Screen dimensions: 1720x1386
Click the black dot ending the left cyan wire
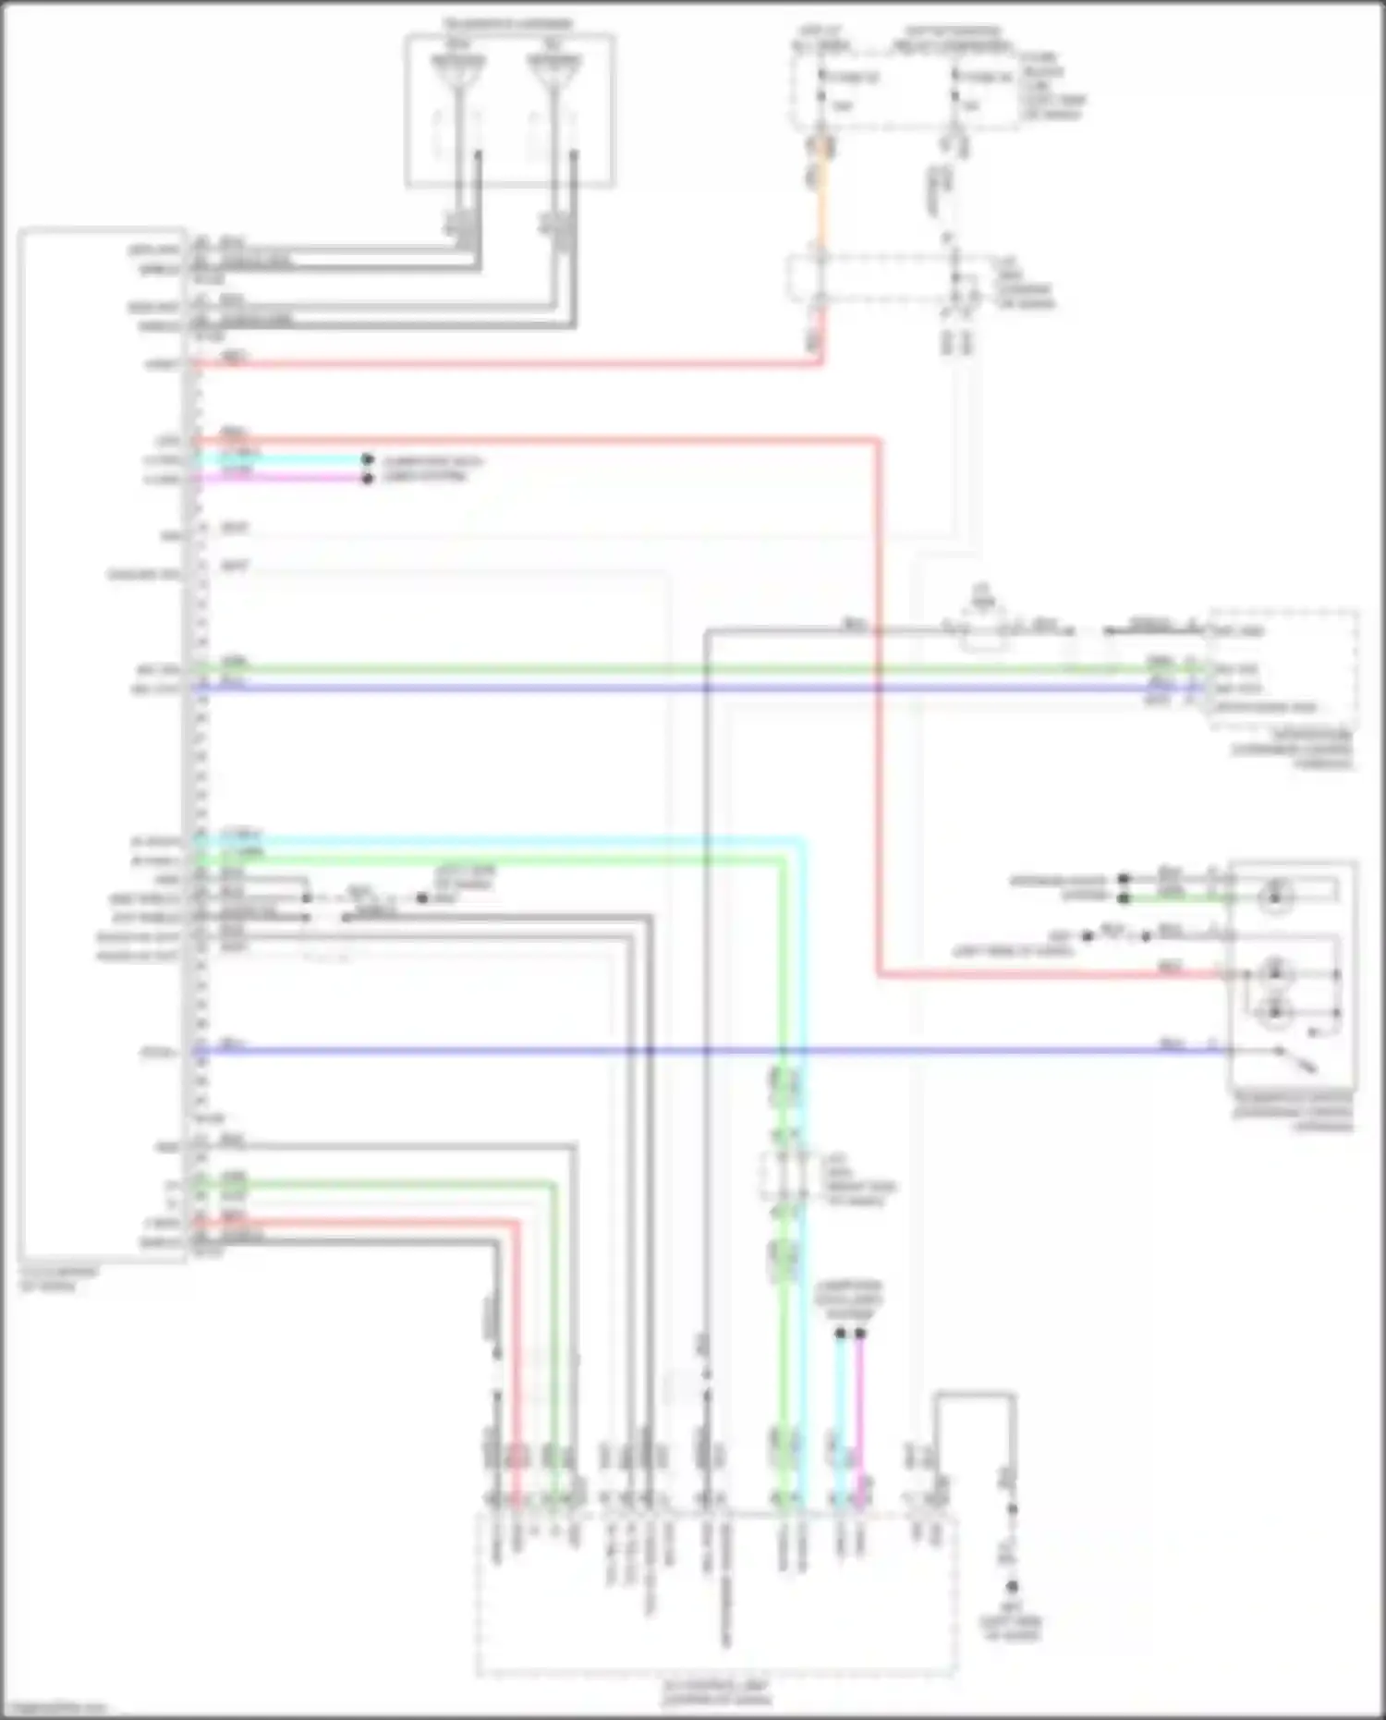click(x=367, y=459)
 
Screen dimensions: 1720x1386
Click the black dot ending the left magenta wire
click(x=367, y=479)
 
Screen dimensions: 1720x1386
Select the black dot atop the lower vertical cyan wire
click(x=840, y=1333)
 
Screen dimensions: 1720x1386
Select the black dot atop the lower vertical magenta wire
click(x=860, y=1333)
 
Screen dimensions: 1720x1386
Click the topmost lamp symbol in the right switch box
click(x=1277, y=893)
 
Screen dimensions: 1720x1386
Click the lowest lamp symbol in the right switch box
click(x=1277, y=1010)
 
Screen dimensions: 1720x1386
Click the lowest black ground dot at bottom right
click(x=1012, y=1587)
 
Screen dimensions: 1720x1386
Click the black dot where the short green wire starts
click(x=1124, y=897)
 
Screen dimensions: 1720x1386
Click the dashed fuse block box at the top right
click(x=901, y=88)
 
